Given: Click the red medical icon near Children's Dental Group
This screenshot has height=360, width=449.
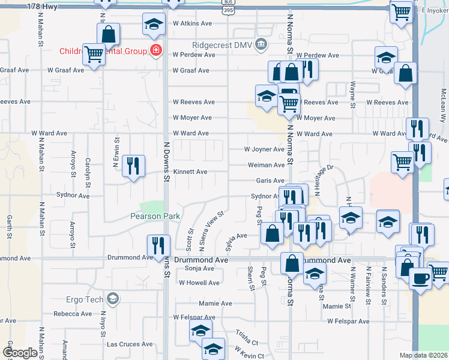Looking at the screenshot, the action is [x=156, y=50].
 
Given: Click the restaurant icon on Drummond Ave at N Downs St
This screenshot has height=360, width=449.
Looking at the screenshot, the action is [x=159, y=245].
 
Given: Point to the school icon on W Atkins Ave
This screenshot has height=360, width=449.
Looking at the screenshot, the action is [x=153, y=25].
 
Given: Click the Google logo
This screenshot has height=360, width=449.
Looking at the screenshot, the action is [x=19, y=353].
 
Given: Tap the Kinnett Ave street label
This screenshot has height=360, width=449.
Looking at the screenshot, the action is [x=190, y=172].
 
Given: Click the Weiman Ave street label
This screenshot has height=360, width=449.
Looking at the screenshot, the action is [x=266, y=165].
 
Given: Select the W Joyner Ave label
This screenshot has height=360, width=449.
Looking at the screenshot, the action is [x=264, y=149].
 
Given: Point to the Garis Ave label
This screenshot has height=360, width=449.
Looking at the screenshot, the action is [x=270, y=181].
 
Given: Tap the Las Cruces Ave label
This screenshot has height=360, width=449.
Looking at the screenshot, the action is [x=130, y=344].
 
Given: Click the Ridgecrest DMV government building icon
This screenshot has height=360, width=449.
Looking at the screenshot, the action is [x=261, y=44].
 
